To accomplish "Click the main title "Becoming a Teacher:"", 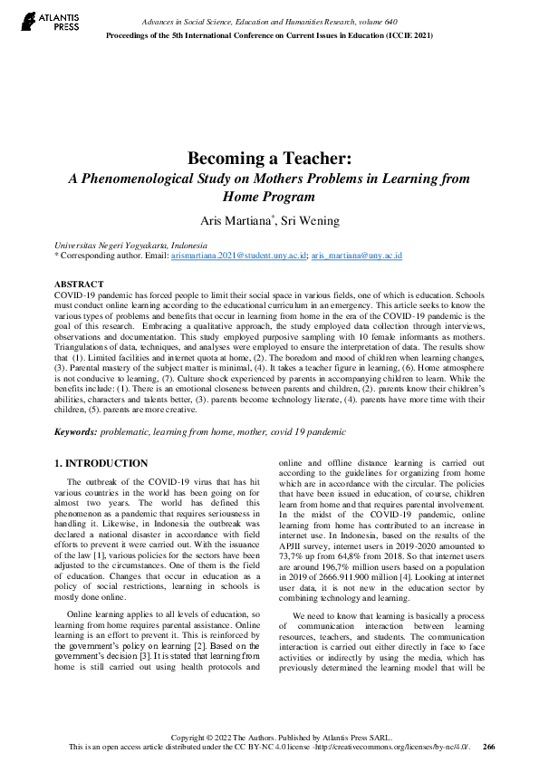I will (269, 159).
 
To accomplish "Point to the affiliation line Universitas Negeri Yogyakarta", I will (131, 246).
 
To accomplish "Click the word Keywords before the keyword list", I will (75, 434).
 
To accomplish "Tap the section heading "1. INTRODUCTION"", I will (101, 464).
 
